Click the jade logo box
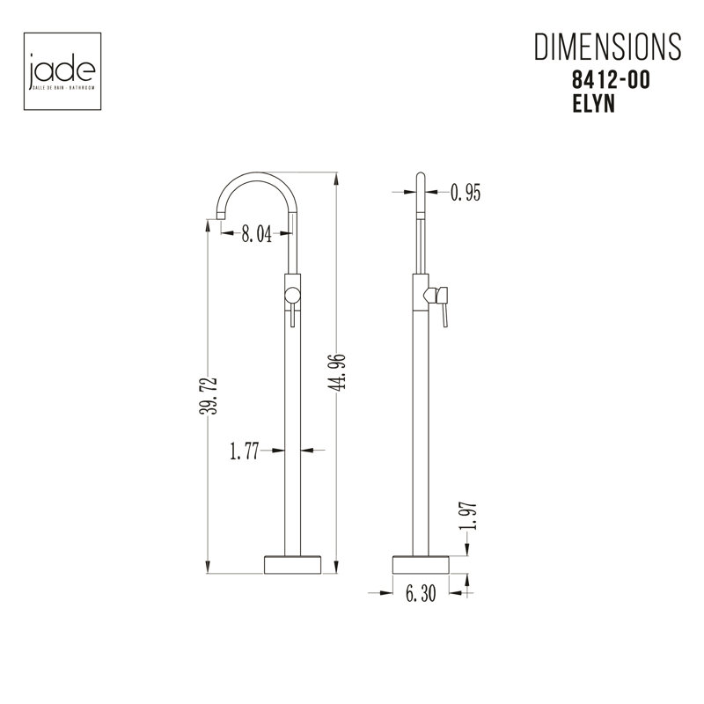click(x=62, y=71)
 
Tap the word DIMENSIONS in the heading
click(x=607, y=47)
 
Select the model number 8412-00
click(x=611, y=81)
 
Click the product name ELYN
click(x=593, y=104)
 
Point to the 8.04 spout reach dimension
click(x=256, y=233)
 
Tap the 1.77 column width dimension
click(x=245, y=451)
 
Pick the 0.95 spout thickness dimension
click(x=466, y=193)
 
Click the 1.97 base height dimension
click(x=468, y=516)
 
